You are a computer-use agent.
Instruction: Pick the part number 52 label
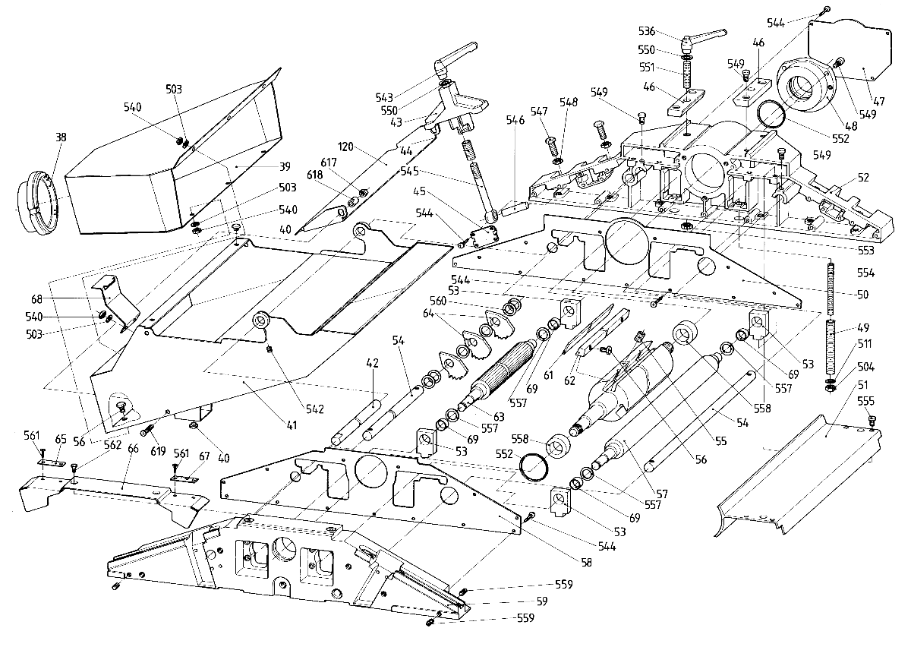[x=863, y=178]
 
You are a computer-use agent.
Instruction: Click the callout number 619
[x=157, y=451]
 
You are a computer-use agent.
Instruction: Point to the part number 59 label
[x=542, y=601]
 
